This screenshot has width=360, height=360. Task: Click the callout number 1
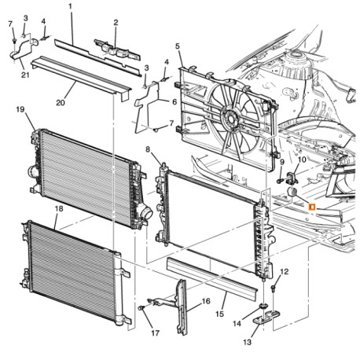70,6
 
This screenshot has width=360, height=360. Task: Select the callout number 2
116,23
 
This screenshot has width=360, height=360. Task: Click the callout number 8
148,149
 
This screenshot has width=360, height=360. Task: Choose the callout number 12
285,271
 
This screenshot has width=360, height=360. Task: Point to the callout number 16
207,300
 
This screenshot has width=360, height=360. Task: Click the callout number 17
155,332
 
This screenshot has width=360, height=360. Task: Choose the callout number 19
21,111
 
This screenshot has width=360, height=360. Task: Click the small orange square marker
312,206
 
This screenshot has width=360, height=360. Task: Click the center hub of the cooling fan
231,119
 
